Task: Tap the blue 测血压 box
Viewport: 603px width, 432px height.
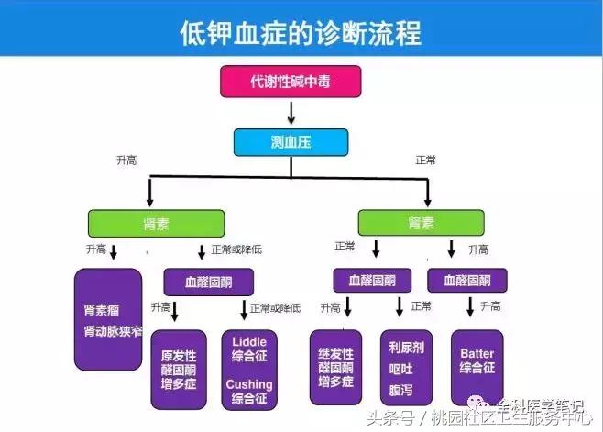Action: tap(291, 142)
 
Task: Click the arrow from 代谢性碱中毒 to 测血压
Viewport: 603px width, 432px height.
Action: tap(291, 112)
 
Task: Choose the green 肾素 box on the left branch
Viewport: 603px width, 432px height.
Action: tap(156, 223)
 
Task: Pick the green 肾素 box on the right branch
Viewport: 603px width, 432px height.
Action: tap(426, 223)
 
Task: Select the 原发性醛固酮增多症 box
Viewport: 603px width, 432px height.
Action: tap(180, 369)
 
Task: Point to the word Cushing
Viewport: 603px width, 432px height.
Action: tap(249, 384)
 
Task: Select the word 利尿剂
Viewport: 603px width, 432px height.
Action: tap(405, 349)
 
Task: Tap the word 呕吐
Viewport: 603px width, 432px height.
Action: tap(405, 369)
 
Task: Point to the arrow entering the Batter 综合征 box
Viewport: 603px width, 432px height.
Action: tap(471, 308)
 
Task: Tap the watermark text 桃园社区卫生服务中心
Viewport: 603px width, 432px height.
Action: tap(518, 420)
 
